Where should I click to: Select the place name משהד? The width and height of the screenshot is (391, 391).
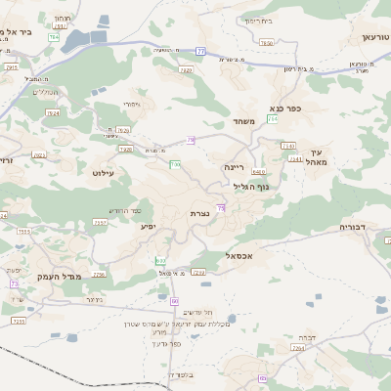point(243,121)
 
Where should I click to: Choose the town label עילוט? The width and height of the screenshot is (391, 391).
point(103,172)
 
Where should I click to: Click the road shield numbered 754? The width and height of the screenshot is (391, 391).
point(273,119)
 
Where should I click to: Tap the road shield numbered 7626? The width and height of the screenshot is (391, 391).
point(123,129)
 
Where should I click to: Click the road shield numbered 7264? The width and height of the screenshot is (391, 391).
point(298,347)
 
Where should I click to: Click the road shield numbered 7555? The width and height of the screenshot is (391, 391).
point(22,232)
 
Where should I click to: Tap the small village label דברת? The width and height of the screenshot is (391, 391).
point(306,336)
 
